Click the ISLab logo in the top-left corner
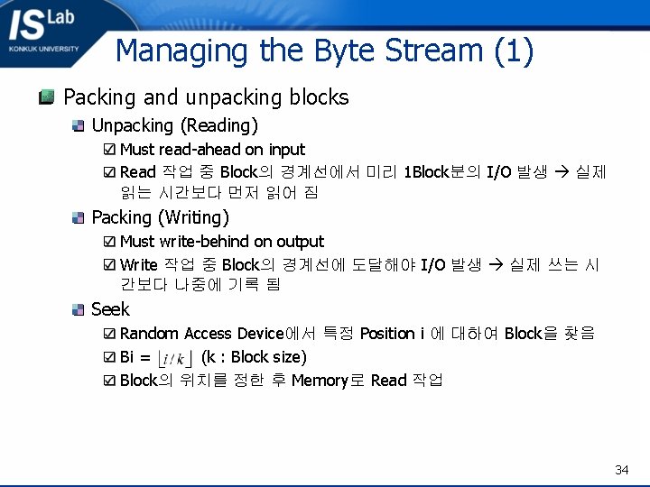(x=44, y=31)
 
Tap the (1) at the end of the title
(x=514, y=51)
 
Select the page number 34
(x=621, y=470)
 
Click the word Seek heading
(x=110, y=309)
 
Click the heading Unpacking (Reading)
(x=174, y=125)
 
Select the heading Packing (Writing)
(x=160, y=217)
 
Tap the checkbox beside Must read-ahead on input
(x=109, y=150)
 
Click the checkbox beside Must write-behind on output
(x=109, y=242)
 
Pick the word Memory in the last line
(x=320, y=380)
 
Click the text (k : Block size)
(x=254, y=357)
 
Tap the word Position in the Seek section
(x=387, y=334)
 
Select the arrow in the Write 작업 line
(x=495, y=265)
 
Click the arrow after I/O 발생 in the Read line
(x=561, y=172)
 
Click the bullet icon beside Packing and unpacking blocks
(x=47, y=96)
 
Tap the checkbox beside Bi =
(x=109, y=357)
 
